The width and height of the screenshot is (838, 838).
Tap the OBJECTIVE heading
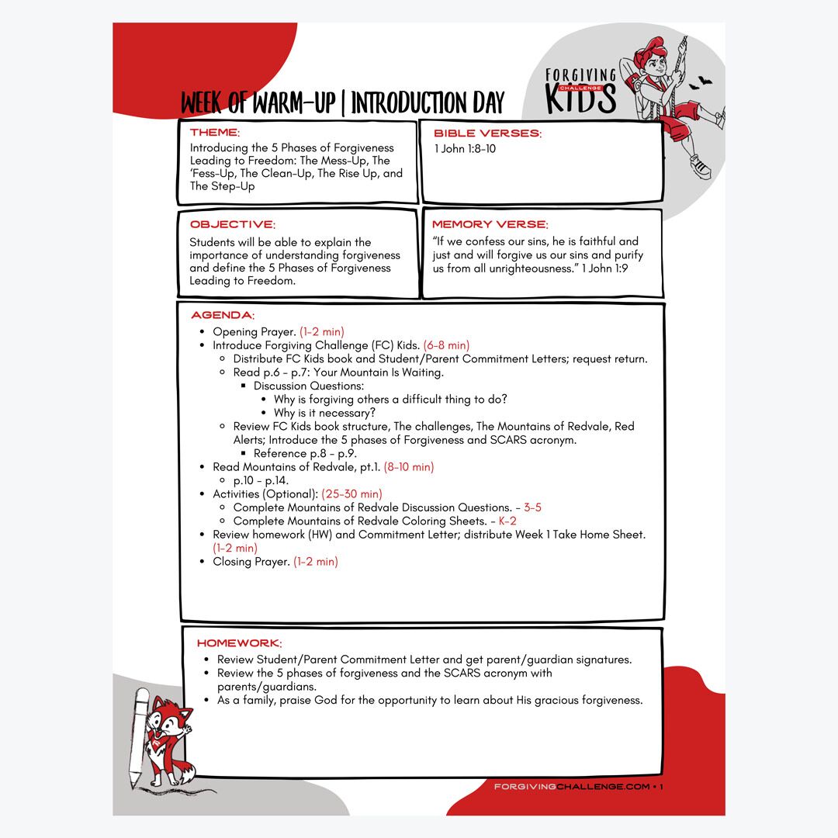232,224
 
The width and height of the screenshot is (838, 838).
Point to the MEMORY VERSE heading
490,224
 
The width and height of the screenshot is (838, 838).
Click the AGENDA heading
222,315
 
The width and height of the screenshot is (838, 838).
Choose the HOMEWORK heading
239,643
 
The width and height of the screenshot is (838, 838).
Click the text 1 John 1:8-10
465,148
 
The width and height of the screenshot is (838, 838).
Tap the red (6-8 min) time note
446,345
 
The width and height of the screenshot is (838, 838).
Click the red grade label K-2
507,521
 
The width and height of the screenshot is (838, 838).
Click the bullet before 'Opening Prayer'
203,332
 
